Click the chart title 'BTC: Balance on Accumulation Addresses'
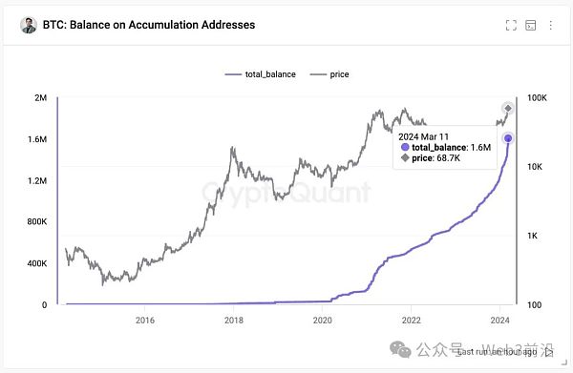coord(149,25)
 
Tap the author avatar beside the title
coord(28,26)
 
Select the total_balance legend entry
coord(263,73)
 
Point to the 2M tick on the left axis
coord(41,98)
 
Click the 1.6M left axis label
coord(36,140)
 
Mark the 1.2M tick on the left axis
coord(36,181)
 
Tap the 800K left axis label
coord(35,222)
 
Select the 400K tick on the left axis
coord(35,264)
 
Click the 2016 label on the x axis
coord(146,321)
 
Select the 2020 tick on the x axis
coord(323,321)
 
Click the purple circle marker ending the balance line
coord(508,138)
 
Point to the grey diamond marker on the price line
coord(508,108)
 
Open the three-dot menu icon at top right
coord(551,26)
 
